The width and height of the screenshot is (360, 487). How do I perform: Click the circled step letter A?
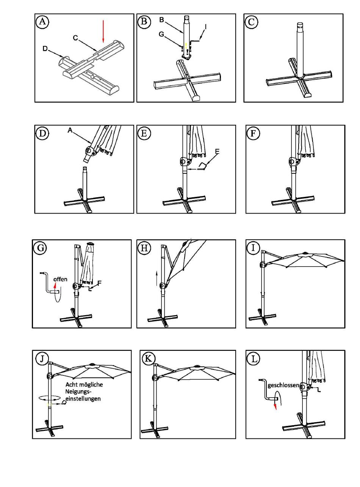tap(42, 22)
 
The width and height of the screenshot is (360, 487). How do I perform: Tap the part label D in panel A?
tap(45, 49)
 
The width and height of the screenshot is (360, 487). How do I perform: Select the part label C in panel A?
tap(75, 38)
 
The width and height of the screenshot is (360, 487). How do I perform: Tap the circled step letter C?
tap(251, 22)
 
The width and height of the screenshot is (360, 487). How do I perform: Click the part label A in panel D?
tap(70, 130)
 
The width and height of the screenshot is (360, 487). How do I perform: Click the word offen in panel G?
tap(60, 279)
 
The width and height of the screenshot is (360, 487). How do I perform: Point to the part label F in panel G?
tap(99, 283)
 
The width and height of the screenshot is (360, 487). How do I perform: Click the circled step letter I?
tap(253, 248)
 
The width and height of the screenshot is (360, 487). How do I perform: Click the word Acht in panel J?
tap(72, 385)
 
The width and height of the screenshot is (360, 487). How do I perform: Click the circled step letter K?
tap(147, 358)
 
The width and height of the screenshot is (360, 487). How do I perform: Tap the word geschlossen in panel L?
tap(283, 385)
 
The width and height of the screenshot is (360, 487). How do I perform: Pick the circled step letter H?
tap(144, 248)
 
